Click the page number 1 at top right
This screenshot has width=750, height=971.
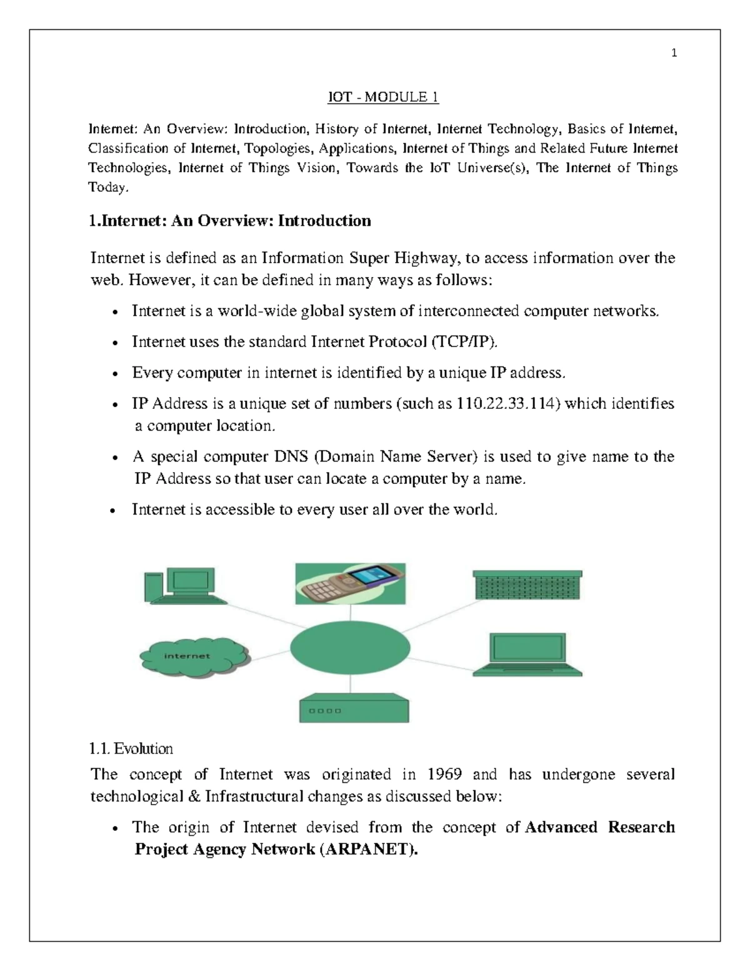674,53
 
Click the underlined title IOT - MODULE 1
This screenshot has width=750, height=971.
384,97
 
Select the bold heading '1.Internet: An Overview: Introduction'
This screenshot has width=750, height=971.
231,221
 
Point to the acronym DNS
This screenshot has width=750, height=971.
291,457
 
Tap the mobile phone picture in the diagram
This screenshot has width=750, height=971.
351,583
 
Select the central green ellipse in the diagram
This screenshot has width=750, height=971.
350,647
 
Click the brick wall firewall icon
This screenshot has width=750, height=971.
527,585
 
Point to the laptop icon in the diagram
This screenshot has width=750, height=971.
527,655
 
